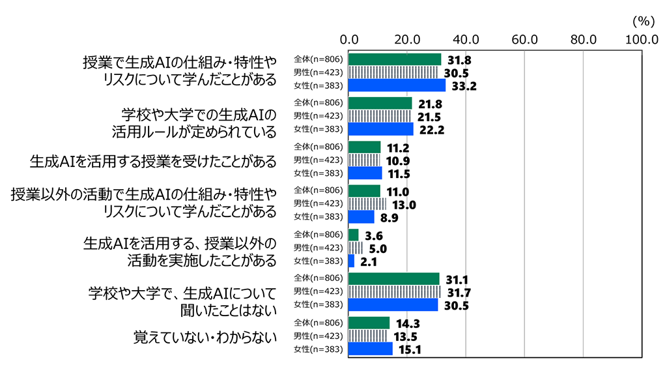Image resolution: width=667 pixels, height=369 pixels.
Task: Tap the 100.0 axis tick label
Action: tap(641, 40)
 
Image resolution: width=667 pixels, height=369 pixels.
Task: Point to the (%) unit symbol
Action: tap(644, 21)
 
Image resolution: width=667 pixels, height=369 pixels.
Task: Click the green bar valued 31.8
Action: tap(395, 59)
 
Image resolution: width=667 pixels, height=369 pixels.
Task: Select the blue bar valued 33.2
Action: tap(397, 85)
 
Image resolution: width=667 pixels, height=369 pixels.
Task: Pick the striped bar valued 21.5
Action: tap(380, 116)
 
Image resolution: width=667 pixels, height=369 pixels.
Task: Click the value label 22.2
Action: tap(429, 129)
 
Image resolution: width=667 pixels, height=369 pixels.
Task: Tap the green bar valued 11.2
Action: tap(365, 147)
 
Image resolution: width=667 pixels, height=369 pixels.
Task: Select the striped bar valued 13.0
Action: tap(368, 204)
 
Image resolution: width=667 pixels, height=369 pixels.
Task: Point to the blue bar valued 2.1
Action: tap(352, 261)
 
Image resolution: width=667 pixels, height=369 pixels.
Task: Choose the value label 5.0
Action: tap(377, 248)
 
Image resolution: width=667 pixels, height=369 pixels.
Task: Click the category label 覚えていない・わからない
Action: tap(205, 336)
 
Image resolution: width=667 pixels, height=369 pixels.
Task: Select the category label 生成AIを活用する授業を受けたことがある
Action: tap(153, 160)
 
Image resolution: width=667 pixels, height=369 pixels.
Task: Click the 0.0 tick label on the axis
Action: tap(349, 40)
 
